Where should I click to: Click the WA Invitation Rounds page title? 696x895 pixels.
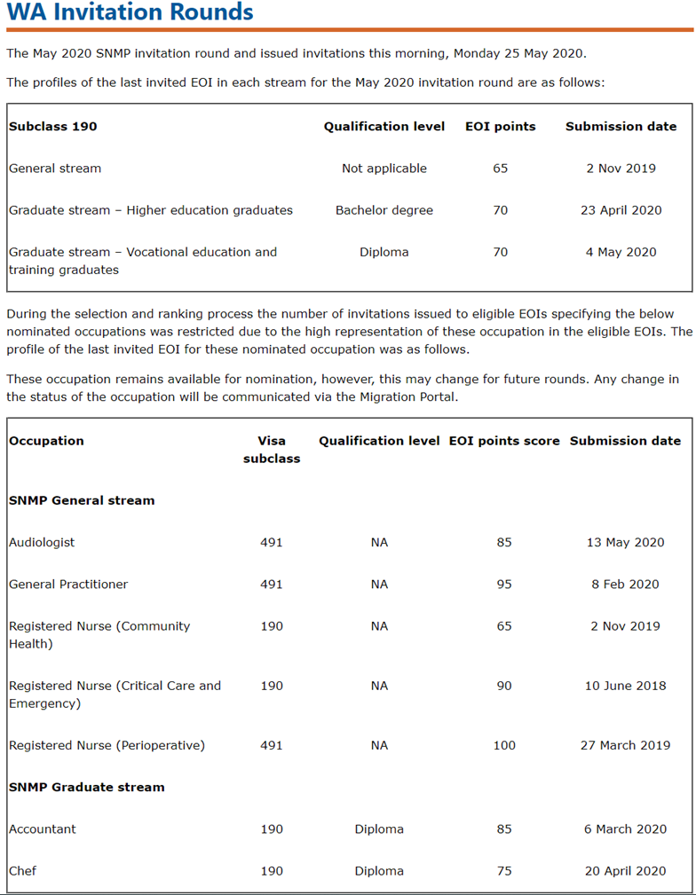tap(130, 13)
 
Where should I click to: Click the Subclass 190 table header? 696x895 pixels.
tap(53, 126)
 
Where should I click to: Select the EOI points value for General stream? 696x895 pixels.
tap(501, 169)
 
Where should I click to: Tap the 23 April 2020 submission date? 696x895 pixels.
tap(621, 210)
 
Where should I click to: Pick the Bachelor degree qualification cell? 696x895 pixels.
tap(384, 210)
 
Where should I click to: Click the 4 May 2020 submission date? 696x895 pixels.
tap(621, 252)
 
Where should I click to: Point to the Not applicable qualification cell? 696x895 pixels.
tap(384, 169)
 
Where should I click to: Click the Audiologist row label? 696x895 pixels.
tap(42, 542)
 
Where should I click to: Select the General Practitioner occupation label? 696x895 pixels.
tap(68, 584)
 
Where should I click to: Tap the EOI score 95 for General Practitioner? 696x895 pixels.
tap(504, 584)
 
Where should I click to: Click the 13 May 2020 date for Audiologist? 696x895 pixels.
tap(625, 542)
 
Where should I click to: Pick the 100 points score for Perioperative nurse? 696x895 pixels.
tap(504, 745)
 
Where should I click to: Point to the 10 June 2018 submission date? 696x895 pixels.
tap(625, 686)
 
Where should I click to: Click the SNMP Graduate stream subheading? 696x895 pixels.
tap(87, 787)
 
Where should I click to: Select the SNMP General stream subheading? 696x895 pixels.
tap(82, 500)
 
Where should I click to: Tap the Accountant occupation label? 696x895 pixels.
tap(43, 828)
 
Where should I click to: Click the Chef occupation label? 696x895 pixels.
tap(23, 870)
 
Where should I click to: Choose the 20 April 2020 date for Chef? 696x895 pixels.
tap(625, 871)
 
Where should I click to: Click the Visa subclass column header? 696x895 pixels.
tap(272, 450)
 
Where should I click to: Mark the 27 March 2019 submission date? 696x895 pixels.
tap(625, 745)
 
